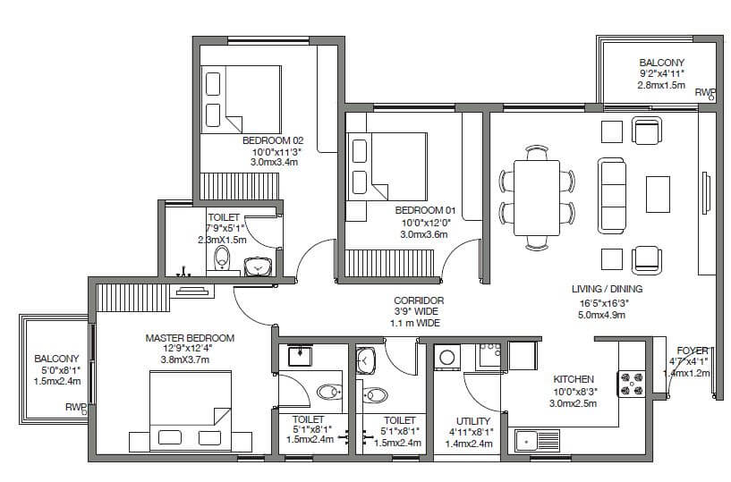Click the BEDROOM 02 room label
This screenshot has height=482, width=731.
(274, 140)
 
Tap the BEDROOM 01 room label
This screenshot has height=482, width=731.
(425, 210)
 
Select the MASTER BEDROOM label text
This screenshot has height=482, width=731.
(190, 338)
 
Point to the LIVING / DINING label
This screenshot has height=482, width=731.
(607, 289)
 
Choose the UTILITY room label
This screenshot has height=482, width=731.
(473, 419)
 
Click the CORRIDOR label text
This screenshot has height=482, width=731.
(417, 300)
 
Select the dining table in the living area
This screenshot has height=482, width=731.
(537, 197)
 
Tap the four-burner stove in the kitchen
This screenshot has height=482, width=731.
(631, 383)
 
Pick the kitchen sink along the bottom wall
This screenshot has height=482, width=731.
(536, 440)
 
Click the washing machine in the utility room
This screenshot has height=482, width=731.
(445, 358)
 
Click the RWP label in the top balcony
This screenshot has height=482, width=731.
(705, 92)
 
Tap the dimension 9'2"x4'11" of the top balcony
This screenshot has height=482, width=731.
(661, 74)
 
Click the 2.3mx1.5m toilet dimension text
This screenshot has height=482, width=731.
(222, 241)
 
